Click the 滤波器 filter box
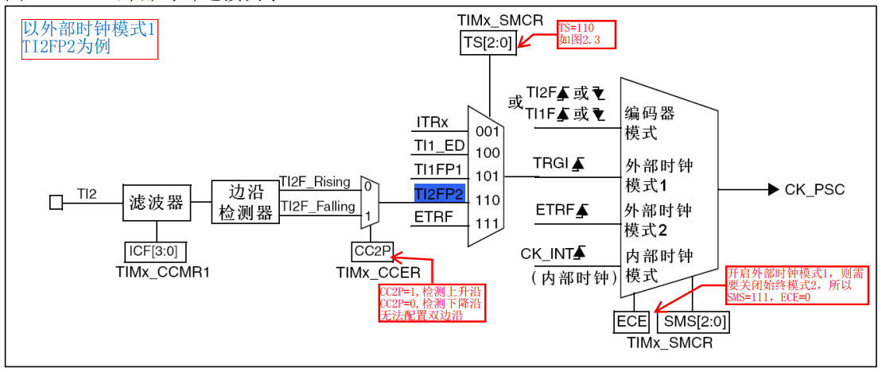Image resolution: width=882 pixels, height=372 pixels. [x=156, y=203]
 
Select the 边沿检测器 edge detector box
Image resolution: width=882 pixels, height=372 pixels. [x=244, y=202]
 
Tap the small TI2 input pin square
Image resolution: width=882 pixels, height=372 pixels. [x=56, y=203]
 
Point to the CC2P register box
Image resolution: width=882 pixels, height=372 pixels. [x=372, y=252]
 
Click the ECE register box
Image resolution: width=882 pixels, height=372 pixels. [x=632, y=322]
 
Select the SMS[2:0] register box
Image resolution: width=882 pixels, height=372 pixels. [x=692, y=322]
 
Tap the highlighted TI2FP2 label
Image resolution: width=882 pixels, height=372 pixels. [x=438, y=193]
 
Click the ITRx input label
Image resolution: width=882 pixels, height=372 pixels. [x=432, y=122]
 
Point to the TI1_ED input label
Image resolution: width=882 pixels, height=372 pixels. [x=438, y=145]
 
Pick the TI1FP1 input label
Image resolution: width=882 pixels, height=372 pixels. [x=438, y=169]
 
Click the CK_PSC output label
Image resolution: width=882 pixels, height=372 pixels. [x=814, y=189]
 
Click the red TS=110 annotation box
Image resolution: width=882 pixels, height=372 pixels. [x=586, y=35]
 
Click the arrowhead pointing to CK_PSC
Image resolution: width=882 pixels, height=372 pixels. [x=772, y=189]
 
